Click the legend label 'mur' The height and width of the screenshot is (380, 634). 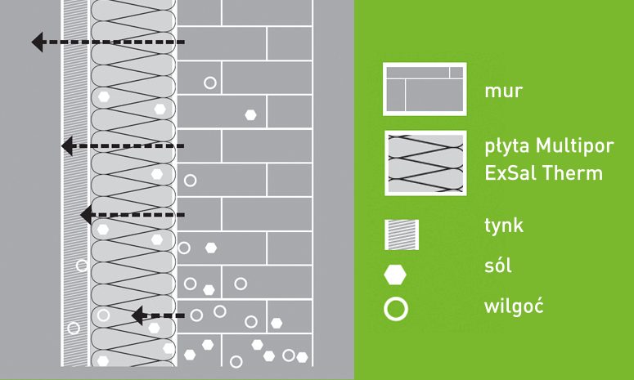[503, 92]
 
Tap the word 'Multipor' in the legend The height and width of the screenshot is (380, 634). [575, 145]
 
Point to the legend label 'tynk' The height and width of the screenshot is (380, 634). [504, 226]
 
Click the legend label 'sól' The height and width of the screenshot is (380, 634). [497, 266]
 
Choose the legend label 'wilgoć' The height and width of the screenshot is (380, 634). [514, 306]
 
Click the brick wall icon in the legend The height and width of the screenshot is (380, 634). [425, 89]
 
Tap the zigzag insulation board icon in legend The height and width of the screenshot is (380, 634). [425, 163]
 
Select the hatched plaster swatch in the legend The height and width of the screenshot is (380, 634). [402, 235]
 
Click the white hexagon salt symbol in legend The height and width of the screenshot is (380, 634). [395, 275]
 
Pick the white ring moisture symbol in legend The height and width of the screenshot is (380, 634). [396, 310]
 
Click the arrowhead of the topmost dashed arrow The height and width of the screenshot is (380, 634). [37, 42]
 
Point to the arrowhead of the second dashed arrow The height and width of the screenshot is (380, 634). [67, 145]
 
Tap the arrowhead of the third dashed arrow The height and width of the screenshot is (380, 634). [87, 215]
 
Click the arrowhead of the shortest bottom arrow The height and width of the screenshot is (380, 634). [137, 315]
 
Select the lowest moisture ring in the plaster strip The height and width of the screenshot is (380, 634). [74, 328]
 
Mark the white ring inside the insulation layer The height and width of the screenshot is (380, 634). [104, 315]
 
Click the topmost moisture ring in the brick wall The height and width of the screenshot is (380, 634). [210, 83]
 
